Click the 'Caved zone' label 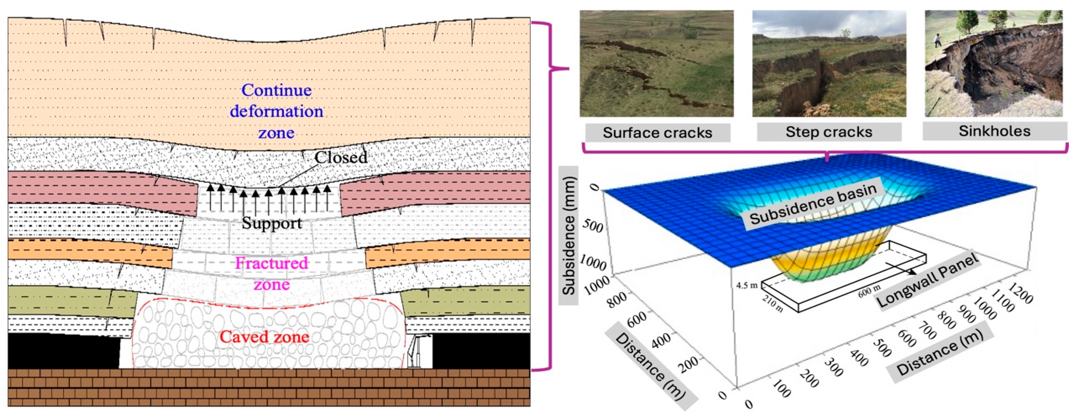tap(265, 337)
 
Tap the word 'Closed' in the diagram tap(341, 158)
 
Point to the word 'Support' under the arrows tap(272, 223)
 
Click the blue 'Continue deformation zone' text tap(276, 111)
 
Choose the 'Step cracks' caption tap(829, 132)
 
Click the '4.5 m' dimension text tap(747, 285)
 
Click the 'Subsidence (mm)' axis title tap(569, 236)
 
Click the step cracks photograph tap(829, 63)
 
